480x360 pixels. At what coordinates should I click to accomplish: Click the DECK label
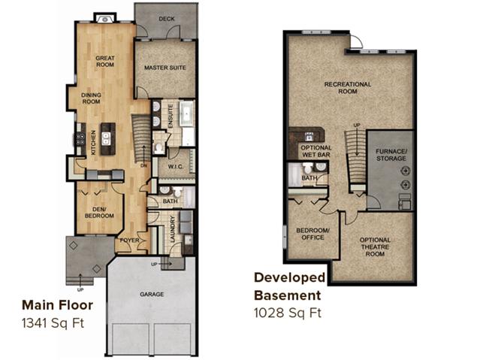click(167, 19)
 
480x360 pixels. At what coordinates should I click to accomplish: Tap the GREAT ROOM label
click(105, 62)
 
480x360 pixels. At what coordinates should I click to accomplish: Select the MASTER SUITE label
click(165, 68)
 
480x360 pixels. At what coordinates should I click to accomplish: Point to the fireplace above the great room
click(105, 19)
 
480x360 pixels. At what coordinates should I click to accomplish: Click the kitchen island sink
click(106, 138)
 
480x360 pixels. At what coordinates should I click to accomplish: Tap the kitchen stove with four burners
click(80, 138)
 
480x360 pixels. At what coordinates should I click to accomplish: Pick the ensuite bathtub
click(186, 113)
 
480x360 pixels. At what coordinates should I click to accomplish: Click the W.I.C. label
click(176, 167)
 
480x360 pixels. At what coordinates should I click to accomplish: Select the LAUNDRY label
click(172, 229)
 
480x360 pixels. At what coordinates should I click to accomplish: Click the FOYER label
click(129, 241)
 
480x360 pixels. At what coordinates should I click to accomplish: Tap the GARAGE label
click(152, 294)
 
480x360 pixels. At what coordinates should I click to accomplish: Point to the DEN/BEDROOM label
click(99, 213)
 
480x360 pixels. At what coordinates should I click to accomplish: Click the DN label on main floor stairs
click(144, 166)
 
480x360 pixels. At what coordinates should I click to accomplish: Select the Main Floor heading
click(57, 305)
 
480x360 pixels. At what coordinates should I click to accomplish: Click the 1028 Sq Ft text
click(288, 313)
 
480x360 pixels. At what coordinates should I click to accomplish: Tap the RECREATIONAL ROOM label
click(348, 88)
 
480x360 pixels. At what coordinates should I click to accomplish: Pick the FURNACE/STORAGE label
click(391, 155)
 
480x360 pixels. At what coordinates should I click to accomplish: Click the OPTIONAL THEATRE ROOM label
click(375, 247)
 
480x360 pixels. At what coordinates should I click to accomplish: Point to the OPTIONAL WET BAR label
click(316, 151)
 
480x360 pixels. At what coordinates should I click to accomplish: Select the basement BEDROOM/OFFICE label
click(312, 234)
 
